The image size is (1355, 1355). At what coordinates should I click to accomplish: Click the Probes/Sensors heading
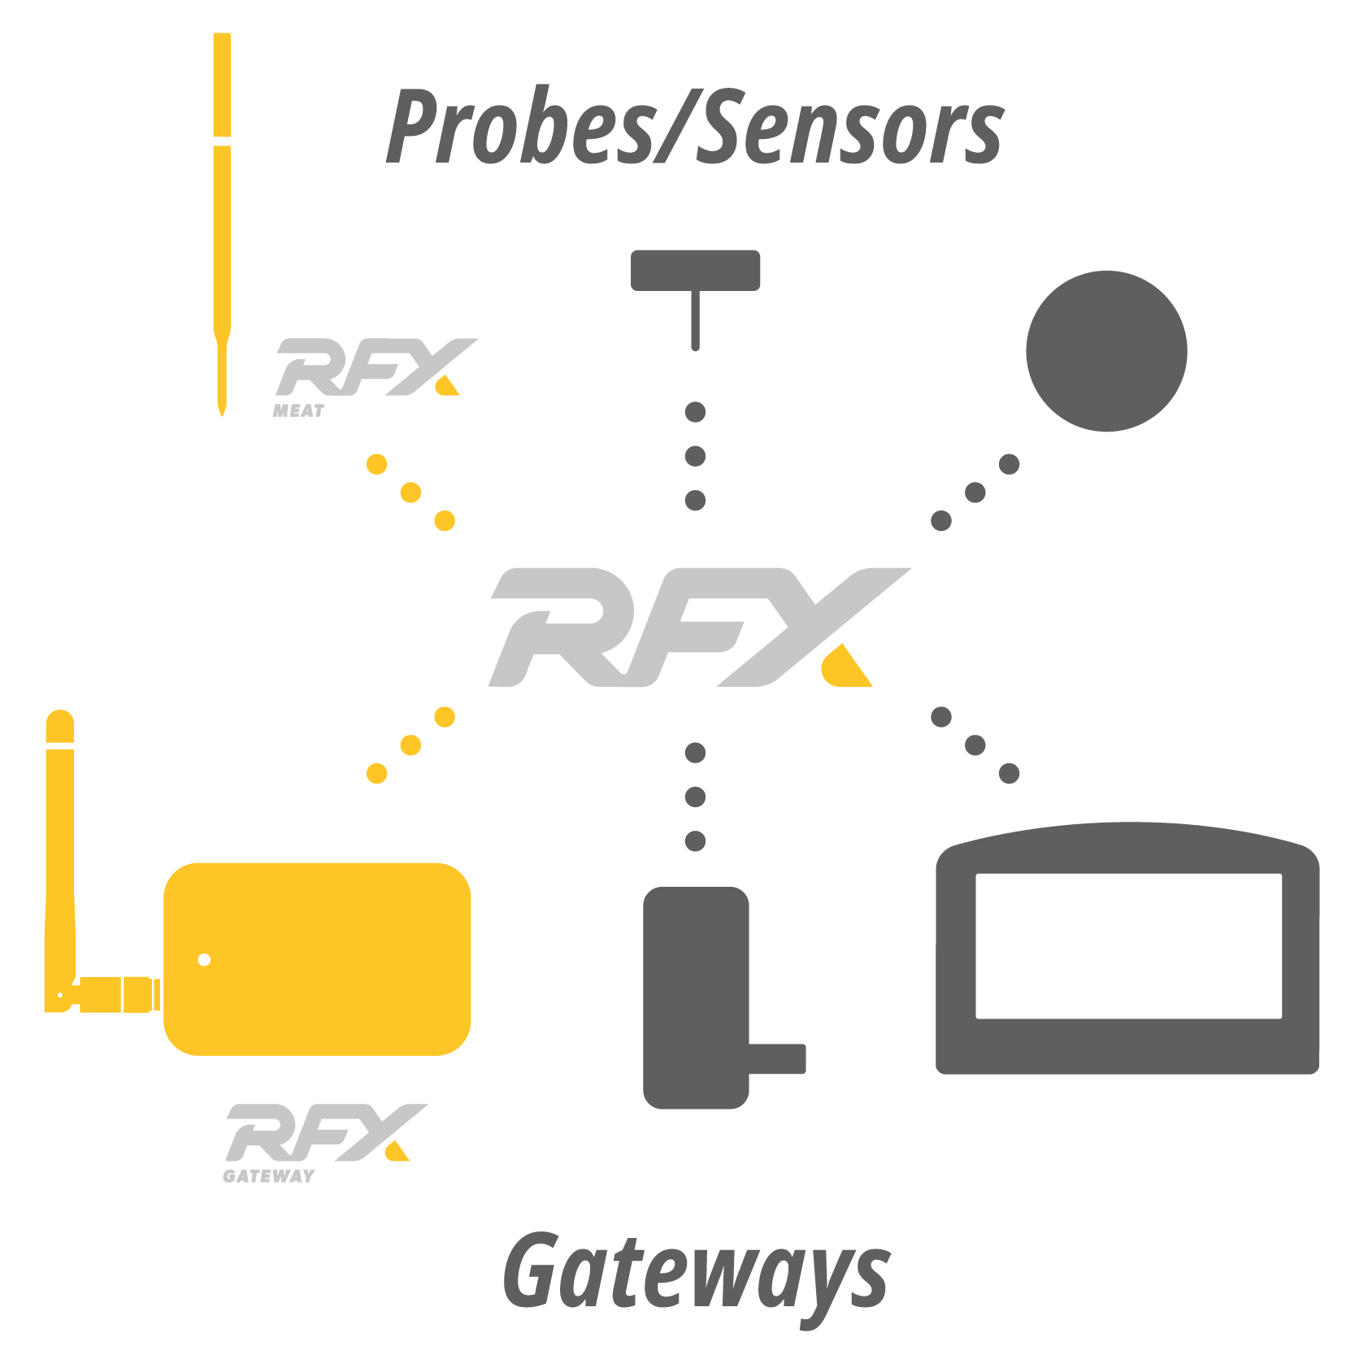695,126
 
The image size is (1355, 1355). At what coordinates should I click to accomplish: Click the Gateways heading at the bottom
697,1275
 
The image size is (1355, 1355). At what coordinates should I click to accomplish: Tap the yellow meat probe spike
222,224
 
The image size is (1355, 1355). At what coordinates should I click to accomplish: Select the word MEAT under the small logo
298,411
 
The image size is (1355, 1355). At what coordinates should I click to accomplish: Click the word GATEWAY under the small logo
269,1176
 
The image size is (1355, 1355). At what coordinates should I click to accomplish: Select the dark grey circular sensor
1106,351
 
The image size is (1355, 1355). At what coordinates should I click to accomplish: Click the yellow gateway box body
317,959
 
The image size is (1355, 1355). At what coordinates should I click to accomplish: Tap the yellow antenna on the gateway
60,862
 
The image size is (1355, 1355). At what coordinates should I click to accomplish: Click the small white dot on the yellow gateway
204,960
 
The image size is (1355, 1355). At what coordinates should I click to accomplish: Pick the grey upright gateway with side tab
707,997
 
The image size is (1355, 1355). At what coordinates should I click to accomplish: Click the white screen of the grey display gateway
1129,946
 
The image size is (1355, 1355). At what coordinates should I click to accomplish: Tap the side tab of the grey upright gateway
777,1059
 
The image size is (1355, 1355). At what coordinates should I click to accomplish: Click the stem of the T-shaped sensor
696,320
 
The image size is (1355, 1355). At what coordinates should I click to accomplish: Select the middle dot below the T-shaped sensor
696,456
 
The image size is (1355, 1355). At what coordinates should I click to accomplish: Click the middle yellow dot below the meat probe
411,493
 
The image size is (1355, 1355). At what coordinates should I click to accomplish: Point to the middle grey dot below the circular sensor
975,493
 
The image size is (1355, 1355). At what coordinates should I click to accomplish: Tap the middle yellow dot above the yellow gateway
411,745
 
